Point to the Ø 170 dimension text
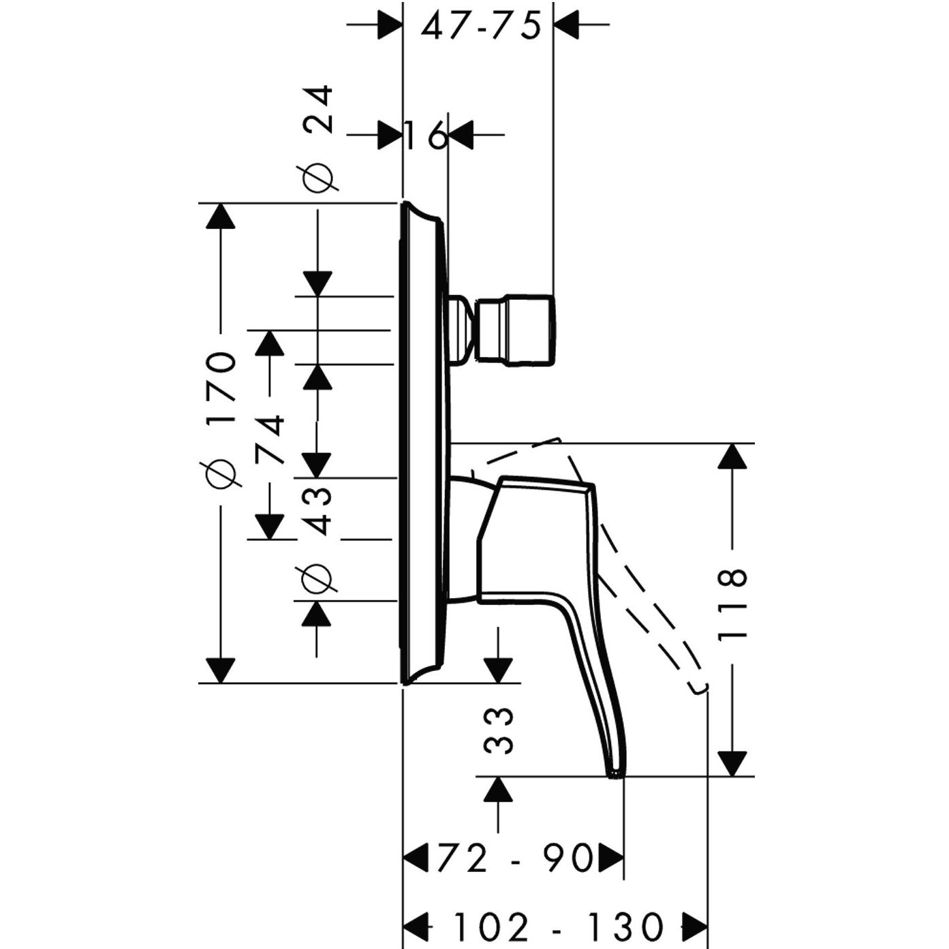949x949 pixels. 219,418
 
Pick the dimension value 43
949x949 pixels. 317,512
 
